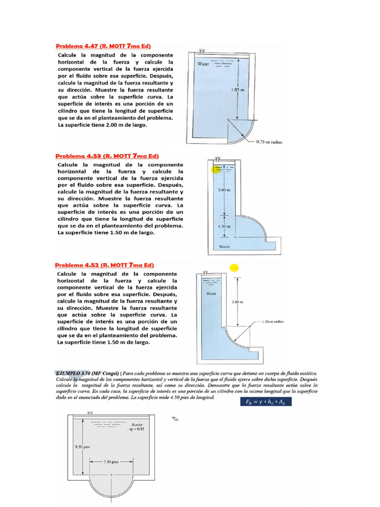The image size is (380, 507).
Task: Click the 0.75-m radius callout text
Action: coord(269,142)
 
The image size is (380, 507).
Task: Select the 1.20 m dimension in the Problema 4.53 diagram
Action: coord(224,226)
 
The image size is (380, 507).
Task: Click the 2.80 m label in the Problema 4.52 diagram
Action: coord(238,301)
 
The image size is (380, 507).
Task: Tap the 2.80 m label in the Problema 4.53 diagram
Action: coord(224,190)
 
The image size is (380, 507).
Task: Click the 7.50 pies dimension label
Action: coord(111,462)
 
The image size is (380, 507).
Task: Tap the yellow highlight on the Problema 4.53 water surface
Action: coord(217,169)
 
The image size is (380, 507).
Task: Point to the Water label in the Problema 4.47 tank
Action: coord(203,64)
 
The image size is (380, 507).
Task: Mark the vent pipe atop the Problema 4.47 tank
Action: coord(202,51)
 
